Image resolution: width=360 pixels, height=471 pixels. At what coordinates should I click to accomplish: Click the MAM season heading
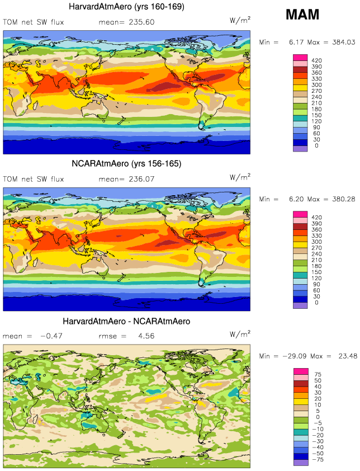pyautogui.click(x=302, y=15)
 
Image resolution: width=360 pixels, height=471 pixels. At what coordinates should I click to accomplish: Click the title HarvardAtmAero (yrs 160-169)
pyautogui.click(x=126, y=7)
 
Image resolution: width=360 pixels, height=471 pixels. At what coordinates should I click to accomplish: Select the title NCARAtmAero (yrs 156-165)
pyautogui.click(x=126, y=164)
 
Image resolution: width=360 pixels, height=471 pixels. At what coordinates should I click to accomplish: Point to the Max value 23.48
pyautogui.click(x=345, y=356)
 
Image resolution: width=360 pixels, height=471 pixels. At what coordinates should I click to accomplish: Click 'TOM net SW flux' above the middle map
pyautogui.click(x=34, y=179)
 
